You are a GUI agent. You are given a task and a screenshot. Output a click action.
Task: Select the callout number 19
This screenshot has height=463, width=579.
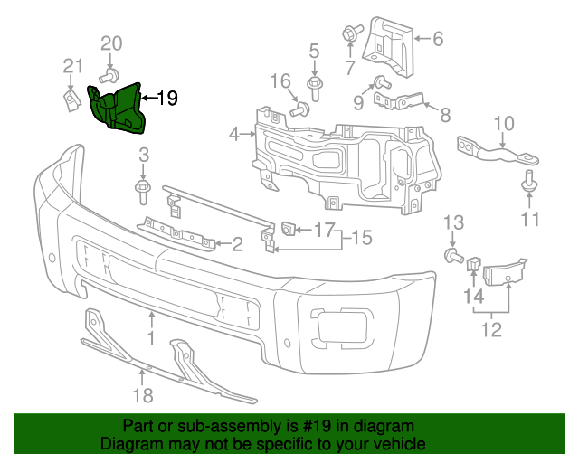pyautogui.click(x=168, y=99)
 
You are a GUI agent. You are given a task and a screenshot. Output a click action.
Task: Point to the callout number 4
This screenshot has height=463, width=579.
pyautogui.click(x=234, y=135)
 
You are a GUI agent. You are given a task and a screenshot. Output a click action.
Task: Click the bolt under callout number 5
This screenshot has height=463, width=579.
pyautogui.click(x=315, y=89)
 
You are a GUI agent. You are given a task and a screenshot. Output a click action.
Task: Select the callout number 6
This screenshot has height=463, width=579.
pyautogui.click(x=437, y=38)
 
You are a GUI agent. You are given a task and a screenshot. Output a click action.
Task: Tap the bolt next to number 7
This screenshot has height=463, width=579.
pyautogui.click(x=348, y=33)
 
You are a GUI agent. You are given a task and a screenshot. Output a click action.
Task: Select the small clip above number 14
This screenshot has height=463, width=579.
pyautogui.click(x=472, y=263)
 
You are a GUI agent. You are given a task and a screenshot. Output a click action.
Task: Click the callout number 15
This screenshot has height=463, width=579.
pyautogui.click(x=362, y=238)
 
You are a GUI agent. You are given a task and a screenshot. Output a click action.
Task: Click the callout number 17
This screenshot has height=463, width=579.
pyautogui.click(x=324, y=230)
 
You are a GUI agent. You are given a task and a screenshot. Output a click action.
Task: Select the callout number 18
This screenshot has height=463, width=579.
pyautogui.click(x=142, y=394)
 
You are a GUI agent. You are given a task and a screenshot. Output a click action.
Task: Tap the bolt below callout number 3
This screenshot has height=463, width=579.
pyautogui.click(x=142, y=188)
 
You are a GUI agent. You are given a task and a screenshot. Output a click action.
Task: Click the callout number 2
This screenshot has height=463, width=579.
pyautogui.click(x=237, y=243)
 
